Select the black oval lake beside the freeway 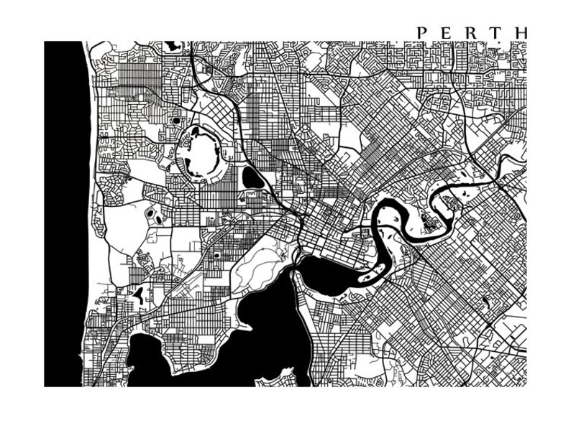coord(252,177)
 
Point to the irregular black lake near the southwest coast coord(138,293)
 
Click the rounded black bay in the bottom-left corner coord(147,359)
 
